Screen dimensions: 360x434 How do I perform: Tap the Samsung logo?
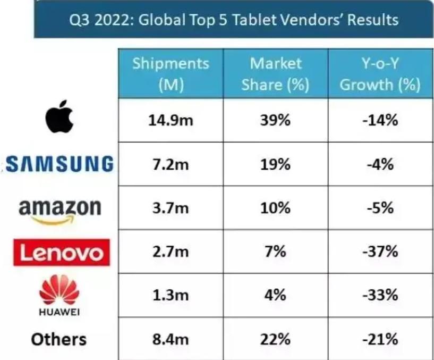click(59, 164)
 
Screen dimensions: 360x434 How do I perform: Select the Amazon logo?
click(59, 209)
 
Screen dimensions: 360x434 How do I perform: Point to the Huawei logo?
click(59, 296)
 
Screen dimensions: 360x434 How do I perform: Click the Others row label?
click(58, 339)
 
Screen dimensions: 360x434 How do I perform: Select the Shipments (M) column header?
click(171, 74)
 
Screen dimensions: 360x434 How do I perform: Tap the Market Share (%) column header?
click(275, 74)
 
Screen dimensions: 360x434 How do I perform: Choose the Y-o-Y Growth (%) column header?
click(380, 74)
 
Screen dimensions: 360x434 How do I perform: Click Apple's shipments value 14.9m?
click(171, 120)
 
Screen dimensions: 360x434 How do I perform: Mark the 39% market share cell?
click(275, 120)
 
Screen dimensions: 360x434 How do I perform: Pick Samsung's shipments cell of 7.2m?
click(171, 164)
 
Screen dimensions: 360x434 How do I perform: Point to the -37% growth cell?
click(380, 252)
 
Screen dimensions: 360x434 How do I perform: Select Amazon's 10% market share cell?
click(275, 208)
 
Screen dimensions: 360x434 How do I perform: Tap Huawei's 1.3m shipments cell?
click(171, 295)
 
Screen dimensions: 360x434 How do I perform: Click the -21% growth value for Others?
click(380, 339)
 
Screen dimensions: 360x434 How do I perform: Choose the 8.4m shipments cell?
click(171, 339)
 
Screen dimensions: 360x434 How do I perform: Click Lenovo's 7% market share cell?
click(275, 252)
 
